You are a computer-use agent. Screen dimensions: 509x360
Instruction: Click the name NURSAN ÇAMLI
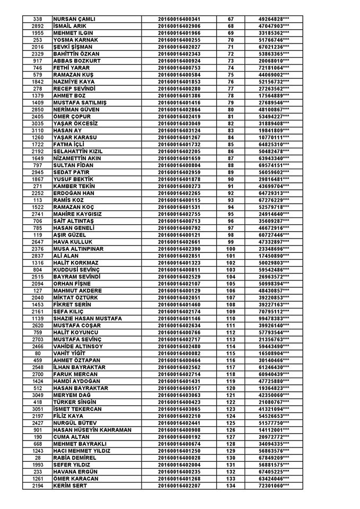point(74,19)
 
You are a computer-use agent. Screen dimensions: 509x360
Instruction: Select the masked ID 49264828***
point(274,19)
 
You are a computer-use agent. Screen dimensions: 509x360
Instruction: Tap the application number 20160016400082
point(179,353)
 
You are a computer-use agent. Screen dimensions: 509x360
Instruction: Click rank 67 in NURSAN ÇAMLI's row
point(231,19)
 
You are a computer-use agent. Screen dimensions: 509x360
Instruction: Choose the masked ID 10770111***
point(274,137)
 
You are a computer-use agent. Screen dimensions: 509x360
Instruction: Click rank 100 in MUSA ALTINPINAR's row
point(231,249)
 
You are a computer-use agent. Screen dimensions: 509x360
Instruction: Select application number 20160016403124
point(179,130)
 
